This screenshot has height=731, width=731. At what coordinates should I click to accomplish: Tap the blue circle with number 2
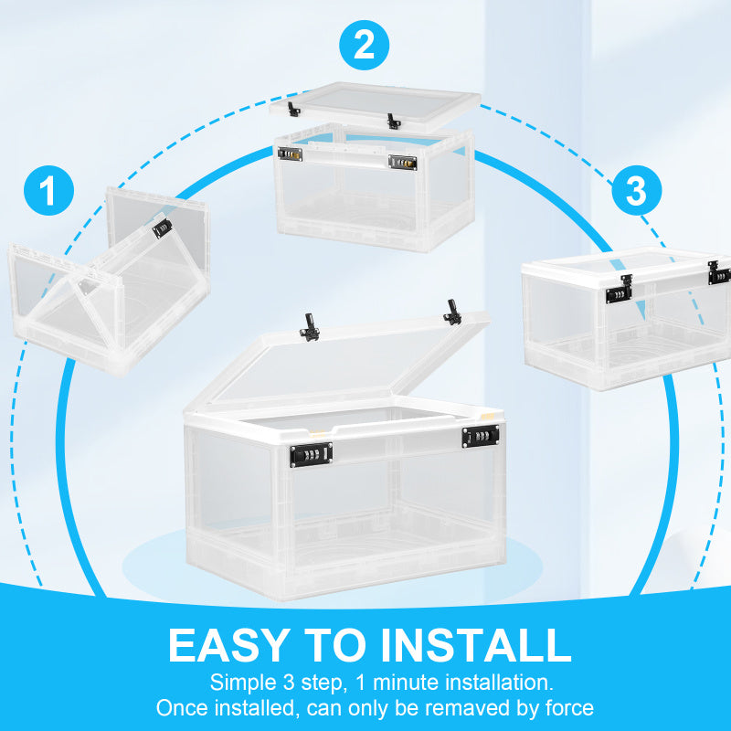365,45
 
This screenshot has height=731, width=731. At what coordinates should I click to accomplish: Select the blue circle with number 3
636,190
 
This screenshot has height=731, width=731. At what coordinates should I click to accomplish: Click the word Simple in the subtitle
238,682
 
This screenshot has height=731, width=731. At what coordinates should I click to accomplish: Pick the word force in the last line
567,707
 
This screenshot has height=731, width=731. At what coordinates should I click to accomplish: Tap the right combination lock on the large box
480,439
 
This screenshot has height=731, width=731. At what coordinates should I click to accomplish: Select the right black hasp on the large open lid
451,313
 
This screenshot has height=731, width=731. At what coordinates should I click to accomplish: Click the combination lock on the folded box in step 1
163,228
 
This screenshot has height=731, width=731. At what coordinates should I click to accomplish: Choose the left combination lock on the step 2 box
291,154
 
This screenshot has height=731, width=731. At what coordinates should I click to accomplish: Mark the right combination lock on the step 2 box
403,163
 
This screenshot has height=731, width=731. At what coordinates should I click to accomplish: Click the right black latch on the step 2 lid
393,121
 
